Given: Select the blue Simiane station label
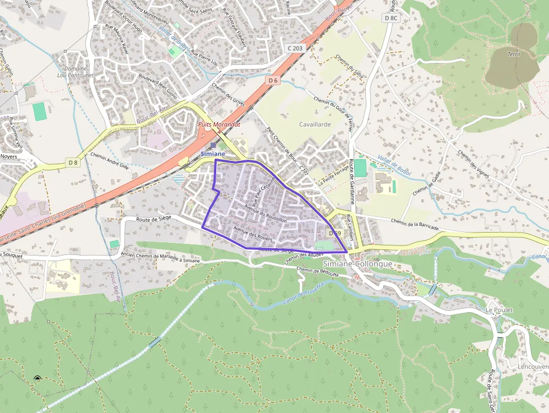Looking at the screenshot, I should [x=213, y=154].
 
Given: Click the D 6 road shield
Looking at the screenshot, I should [x=273, y=81].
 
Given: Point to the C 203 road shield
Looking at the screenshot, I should [x=295, y=48].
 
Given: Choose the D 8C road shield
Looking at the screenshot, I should [x=391, y=18].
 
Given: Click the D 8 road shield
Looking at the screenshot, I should [x=73, y=163].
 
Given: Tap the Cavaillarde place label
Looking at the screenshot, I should [x=315, y=124].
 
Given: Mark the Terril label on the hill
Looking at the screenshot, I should [x=513, y=54].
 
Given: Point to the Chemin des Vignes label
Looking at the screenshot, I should [x=474, y=163].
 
